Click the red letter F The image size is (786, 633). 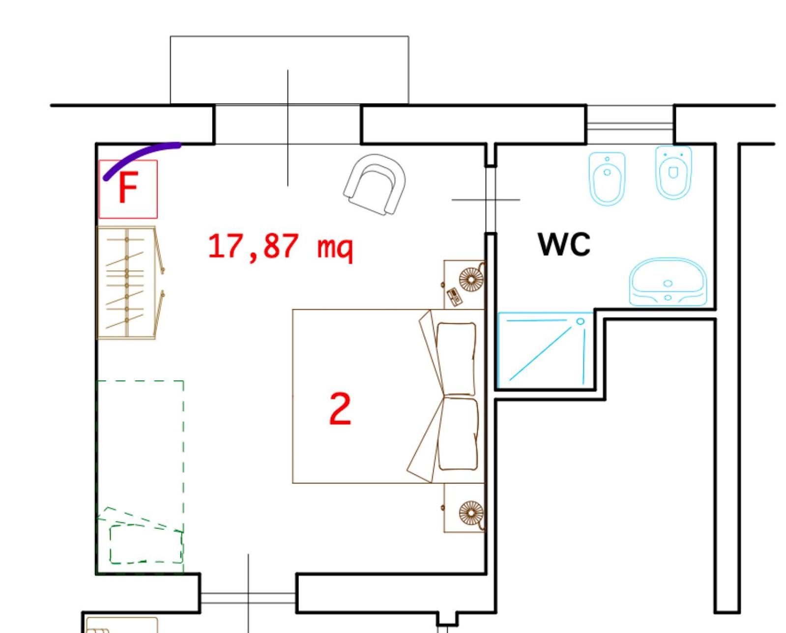pos(127,188)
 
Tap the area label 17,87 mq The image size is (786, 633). pos(281,247)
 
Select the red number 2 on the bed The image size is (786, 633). pos(340,409)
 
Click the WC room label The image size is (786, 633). pos(564,244)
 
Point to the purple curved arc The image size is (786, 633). pos(139,153)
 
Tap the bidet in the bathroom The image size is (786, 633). pos(607,178)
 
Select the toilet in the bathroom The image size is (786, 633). pos(673,173)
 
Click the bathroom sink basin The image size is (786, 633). pos(668,282)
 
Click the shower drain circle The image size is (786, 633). pos(580,321)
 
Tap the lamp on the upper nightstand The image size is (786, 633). pos(471,280)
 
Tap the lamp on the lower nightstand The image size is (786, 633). pos(471,513)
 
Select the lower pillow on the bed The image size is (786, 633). pos(458,434)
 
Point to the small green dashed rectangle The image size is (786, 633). pos(146,544)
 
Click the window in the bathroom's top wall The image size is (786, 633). pos(630,124)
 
